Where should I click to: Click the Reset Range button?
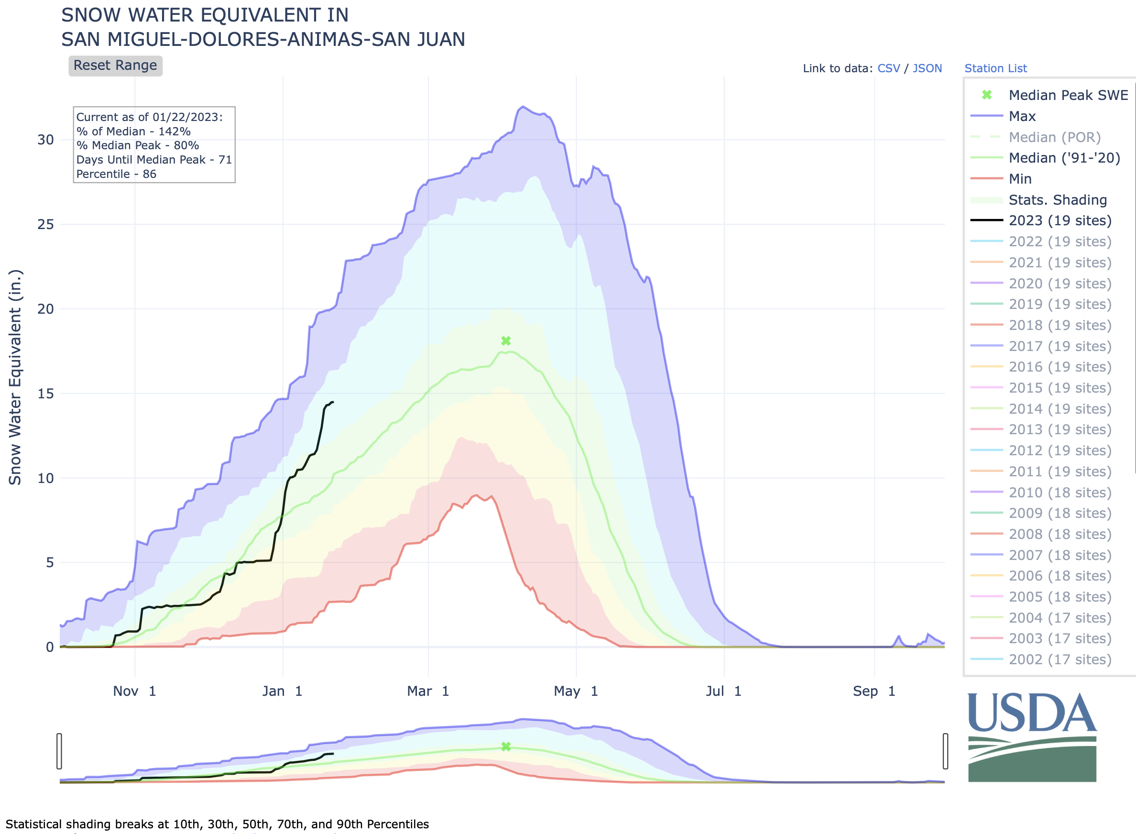[x=115, y=66]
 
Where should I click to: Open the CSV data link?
[x=888, y=68]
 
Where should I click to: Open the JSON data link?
[x=927, y=68]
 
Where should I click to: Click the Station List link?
[x=995, y=68]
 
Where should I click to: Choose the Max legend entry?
[x=1022, y=116]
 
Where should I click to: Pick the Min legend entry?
[x=1020, y=179]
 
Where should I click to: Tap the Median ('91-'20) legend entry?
[x=1064, y=158]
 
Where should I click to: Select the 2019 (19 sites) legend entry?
[x=1060, y=304]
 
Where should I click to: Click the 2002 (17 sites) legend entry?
[x=1060, y=659]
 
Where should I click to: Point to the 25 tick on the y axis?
[x=45, y=224]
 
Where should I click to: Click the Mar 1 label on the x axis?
[x=428, y=691]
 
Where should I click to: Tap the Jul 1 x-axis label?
[x=723, y=691]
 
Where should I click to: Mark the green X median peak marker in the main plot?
[x=506, y=341]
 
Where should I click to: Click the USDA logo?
[x=1032, y=737]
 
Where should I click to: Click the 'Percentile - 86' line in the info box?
[x=116, y=174]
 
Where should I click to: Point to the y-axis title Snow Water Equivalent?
[x=15, y=377]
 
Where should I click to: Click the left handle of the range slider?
[x=60, y=751]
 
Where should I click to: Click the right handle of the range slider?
[x=945, y=751]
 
